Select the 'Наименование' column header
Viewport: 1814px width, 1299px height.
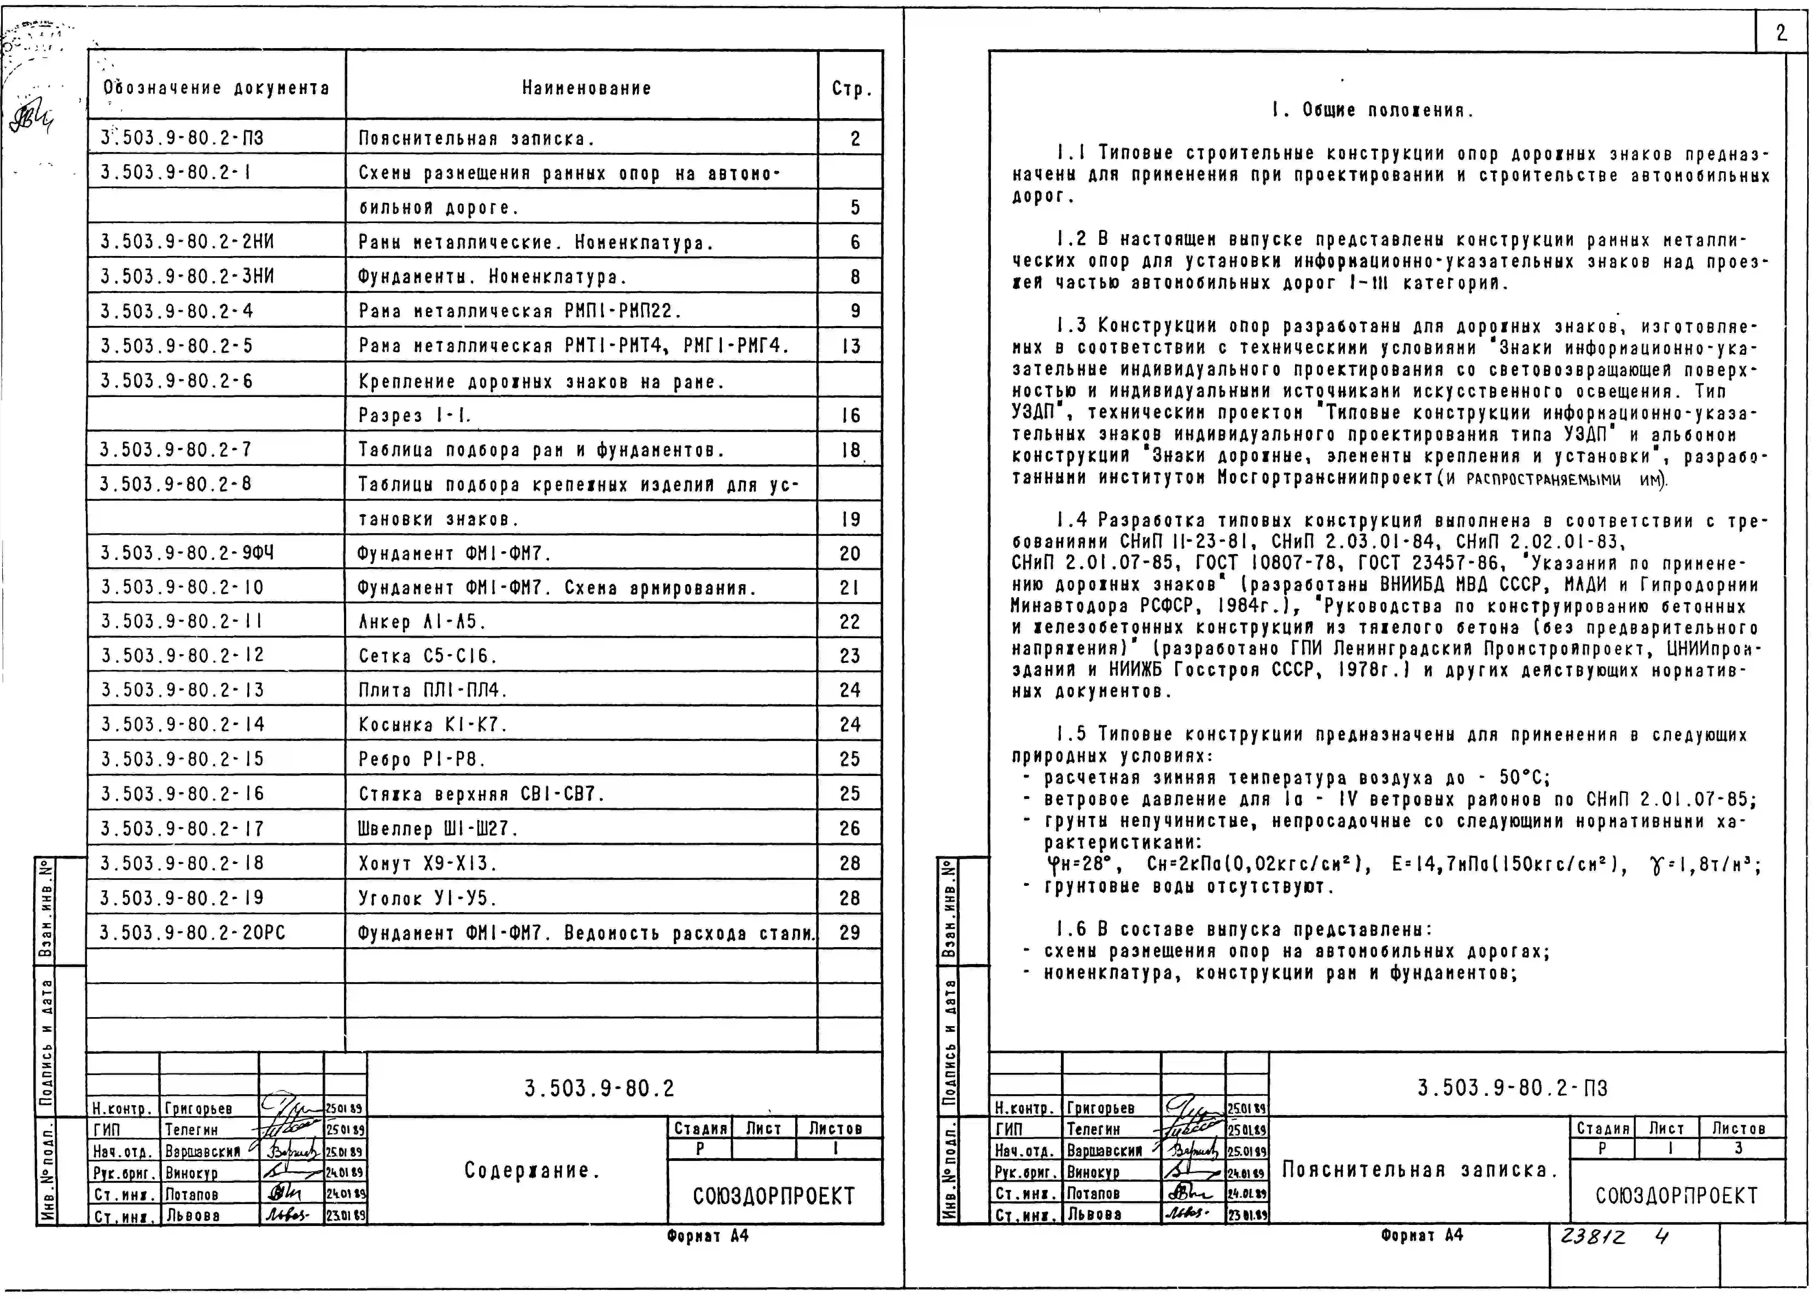click(586, 88)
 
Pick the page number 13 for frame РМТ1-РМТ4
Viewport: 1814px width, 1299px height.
click(851, 346)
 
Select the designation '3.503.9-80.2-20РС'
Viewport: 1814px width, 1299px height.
click(193, 933)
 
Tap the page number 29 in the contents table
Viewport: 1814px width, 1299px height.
click(849, 933)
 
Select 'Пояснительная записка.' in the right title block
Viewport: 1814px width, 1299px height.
click(1420, 1170)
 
